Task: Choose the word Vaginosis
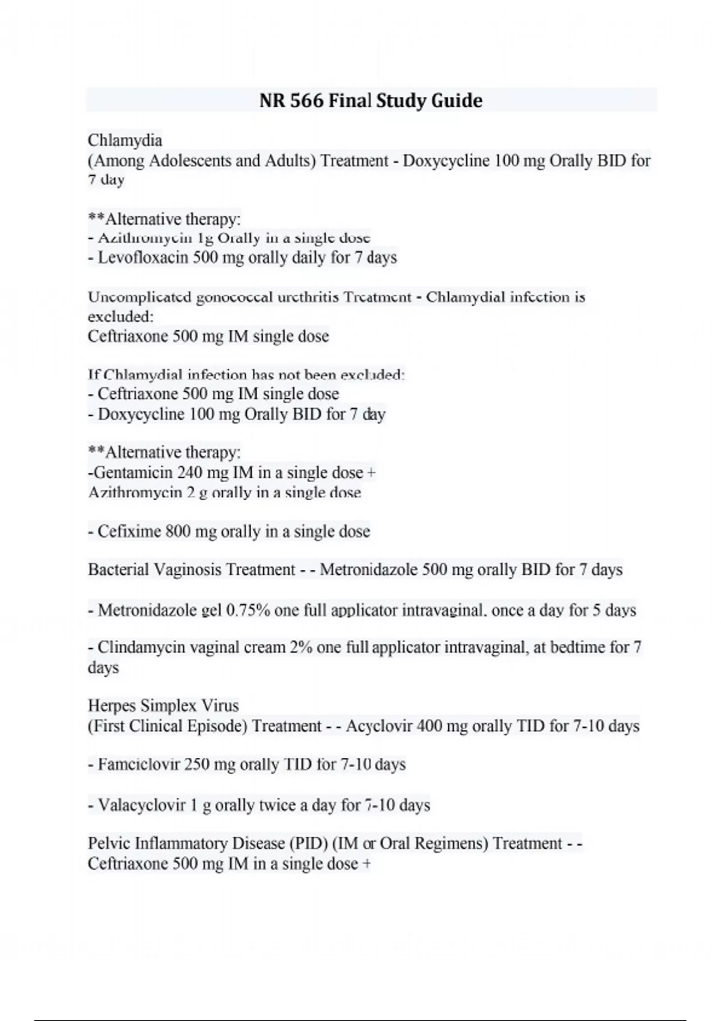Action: [x=186, y=570]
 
